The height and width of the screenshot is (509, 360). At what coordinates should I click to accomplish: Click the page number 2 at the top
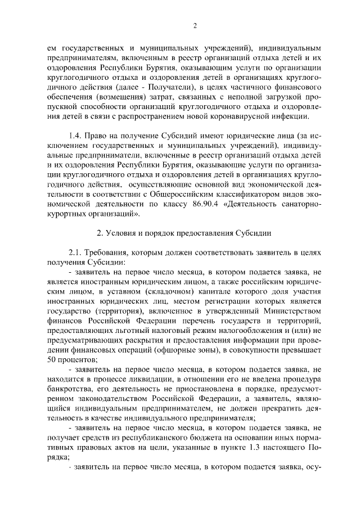(193, 25)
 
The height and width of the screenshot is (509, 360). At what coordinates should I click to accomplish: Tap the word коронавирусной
(250, 116)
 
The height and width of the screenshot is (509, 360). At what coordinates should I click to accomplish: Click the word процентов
(79, 359)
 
